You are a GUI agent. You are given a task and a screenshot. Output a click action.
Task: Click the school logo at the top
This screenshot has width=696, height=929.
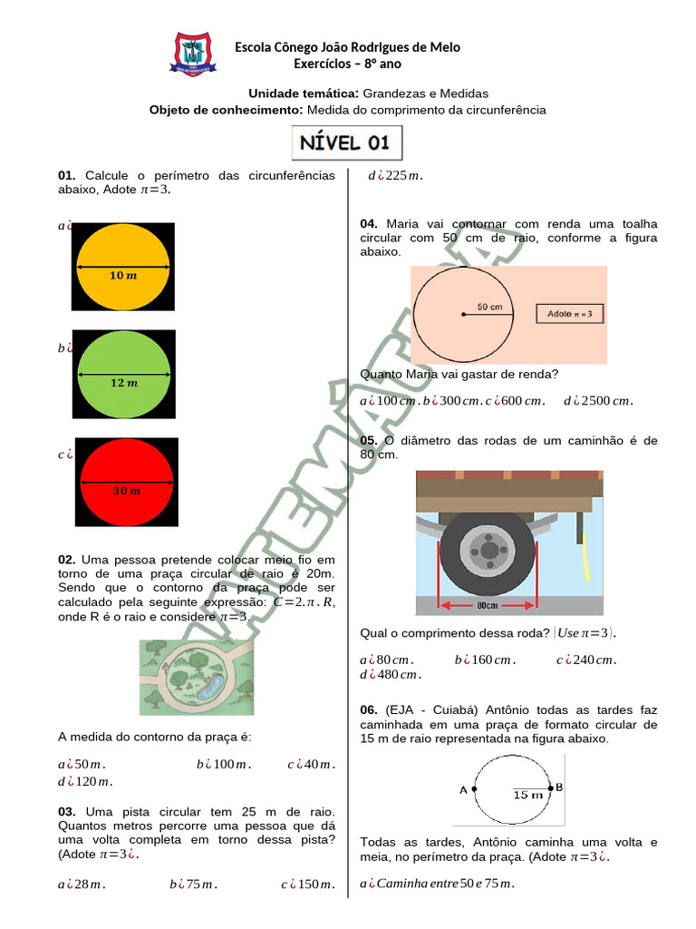coord(192,54)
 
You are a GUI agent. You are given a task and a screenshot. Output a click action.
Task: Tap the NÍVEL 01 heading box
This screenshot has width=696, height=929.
coord(347,142)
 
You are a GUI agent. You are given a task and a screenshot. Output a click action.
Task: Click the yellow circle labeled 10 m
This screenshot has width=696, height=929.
coord(123,267)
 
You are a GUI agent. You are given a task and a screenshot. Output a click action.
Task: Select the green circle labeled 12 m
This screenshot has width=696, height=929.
coord(124,374)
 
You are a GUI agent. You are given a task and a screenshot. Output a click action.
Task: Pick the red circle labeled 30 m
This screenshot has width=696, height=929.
coord(127,483)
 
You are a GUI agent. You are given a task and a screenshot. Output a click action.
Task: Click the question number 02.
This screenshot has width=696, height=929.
coord(66,561)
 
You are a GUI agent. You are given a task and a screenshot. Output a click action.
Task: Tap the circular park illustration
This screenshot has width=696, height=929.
coord(197,677)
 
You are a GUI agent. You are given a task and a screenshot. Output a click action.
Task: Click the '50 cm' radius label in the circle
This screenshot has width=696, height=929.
coord(489,307)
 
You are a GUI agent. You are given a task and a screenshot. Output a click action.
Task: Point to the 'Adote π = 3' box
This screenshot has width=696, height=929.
coord(570,314)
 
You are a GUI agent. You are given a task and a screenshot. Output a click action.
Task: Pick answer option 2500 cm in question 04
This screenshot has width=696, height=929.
coord(598,401)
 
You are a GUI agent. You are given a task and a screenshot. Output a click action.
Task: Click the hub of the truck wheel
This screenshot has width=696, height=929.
coord(488,550)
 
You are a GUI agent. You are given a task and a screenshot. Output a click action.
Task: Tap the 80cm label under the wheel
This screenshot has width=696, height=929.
coord(487,605)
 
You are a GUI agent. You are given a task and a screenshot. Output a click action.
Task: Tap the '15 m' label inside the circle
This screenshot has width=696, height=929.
coord(527,795)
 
